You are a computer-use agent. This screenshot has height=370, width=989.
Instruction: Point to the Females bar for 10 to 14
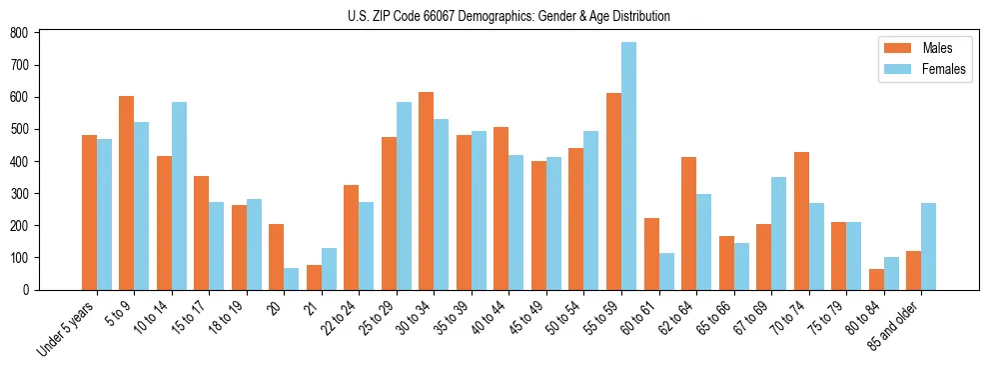[x=179, y=196]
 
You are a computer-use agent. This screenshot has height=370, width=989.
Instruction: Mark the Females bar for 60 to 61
[x=666, y=271]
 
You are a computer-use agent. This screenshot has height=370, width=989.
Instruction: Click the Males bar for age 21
[x=314, y=277]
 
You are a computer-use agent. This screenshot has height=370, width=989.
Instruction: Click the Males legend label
[x=936, y=48]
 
